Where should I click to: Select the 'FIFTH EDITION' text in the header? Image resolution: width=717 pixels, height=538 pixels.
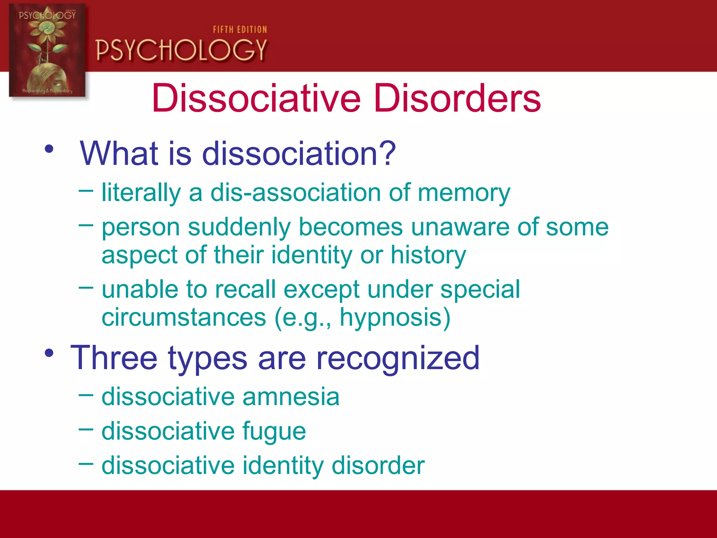point(240,30)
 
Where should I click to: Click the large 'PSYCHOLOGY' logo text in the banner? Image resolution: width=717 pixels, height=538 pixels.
point(181,50)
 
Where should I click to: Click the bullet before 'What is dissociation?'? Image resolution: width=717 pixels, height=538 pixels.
point(49,149)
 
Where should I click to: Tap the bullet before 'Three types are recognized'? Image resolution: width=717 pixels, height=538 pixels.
point(49,353)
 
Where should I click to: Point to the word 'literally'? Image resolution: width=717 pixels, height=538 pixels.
point(141,193)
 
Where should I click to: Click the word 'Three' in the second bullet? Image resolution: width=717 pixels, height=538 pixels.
point(114,358)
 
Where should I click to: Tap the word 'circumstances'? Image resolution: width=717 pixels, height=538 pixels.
point(184,317)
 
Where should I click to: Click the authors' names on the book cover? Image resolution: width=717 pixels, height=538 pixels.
point(47,91)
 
